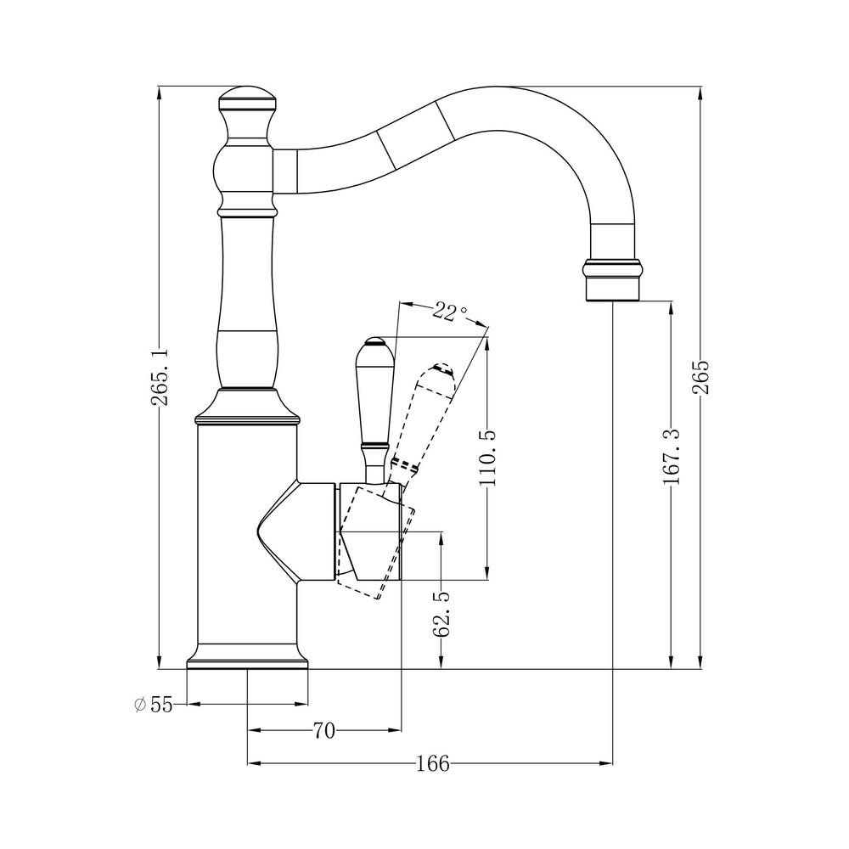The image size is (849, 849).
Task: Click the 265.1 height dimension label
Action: pyautogui.click(x=160, y=377)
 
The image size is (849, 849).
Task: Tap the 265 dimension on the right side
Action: pyautogui.click(x=701, y=376)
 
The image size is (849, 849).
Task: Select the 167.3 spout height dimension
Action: pyautogui.click(x=672, y=456)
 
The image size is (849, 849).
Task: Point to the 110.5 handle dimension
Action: pyautogui.click(x=488, y=458)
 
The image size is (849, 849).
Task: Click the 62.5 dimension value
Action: pyautogui.click(x=441, y=614)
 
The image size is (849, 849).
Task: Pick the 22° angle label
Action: pyautogui.click(x=449, y=312)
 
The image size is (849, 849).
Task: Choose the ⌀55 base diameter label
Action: pyautogui.click(x=153, y=705)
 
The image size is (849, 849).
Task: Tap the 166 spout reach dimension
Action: pyautogui.click(x=433, y=763)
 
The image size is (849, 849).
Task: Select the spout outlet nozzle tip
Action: pyautogui.click(x=612, y=280)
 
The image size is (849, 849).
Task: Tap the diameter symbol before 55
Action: pyautogui.click(x=140, y=705)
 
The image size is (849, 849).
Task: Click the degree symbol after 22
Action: pyautogui.click(x=463, y=310)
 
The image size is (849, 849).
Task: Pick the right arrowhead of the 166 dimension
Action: pyautogui.click(x=606, y=763)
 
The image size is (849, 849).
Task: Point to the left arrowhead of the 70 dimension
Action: pyautogui.click(x=255, y=730)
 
